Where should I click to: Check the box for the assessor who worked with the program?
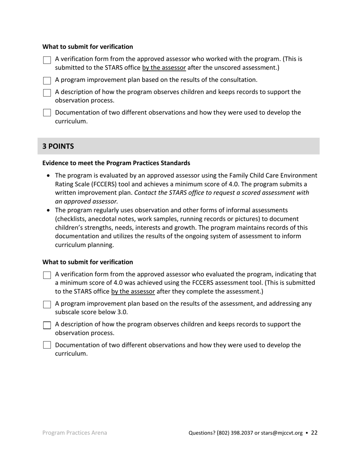(x=47, y=60)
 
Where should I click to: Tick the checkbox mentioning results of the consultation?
(x=47, y=81)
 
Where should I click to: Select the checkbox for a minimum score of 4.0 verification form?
(x=47, y=275)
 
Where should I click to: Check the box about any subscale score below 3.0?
(x=47, y=305)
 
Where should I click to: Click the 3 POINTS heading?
(x=58, y=146)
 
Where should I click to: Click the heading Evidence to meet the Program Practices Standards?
(x=116, y=163)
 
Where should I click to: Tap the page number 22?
(x=314, y=433)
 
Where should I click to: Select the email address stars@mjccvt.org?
(x=282, y=433)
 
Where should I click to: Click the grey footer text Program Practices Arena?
(x=75, y=433)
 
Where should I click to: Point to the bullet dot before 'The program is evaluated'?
(x=48, y=176)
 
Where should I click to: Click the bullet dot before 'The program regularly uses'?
(x=48, y=210)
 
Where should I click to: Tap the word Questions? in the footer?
(x=202, y=433)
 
